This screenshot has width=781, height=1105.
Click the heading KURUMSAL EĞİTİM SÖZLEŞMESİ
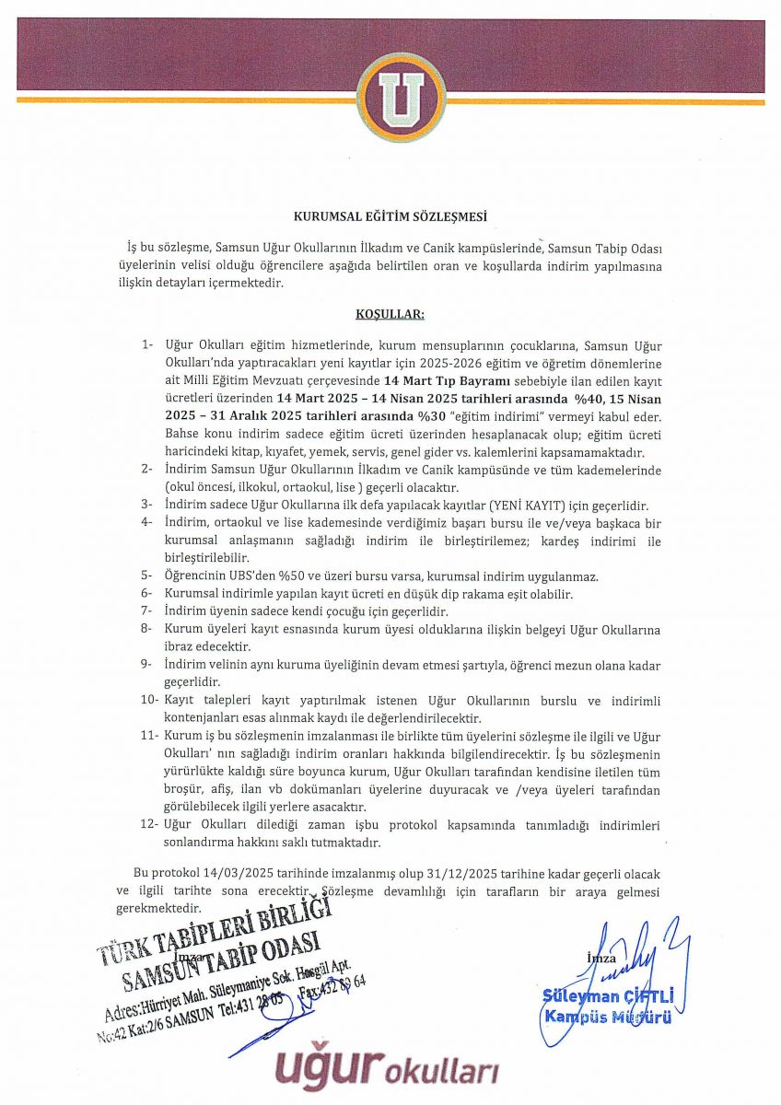point(390,217)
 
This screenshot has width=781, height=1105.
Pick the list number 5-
point(147,577)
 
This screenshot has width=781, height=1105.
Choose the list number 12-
point(151,824)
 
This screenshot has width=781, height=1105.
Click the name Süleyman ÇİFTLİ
point(608,996)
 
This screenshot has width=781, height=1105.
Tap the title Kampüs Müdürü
point(608,1017)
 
